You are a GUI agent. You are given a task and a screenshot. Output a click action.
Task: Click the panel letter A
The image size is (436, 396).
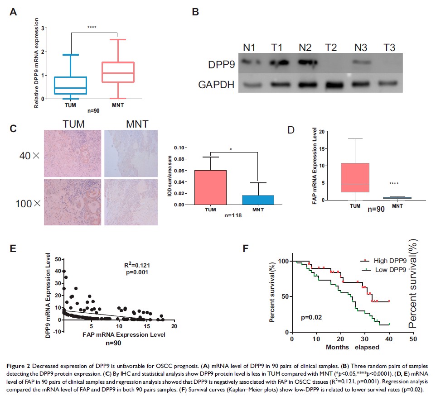click(x=14, y=12)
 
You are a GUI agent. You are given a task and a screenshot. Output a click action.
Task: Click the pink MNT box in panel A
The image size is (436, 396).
click(x=117, y=72)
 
